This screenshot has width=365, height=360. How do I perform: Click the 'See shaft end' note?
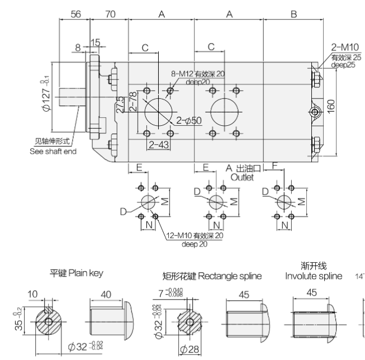click(x=53, y=151)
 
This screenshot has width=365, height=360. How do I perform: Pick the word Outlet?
click(x=242, y=177)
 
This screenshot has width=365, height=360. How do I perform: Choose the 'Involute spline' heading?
click(x=314, y=276)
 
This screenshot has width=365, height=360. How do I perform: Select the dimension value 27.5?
click(x=120, y=105)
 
